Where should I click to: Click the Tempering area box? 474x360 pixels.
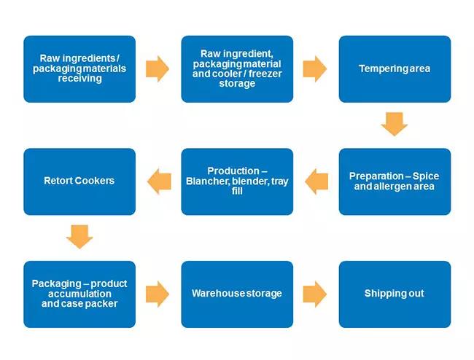395,69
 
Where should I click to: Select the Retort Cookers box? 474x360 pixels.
79,181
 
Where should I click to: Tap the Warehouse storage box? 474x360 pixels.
237,294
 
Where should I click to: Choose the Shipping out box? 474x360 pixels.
395,294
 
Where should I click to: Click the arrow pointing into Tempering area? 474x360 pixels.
315,69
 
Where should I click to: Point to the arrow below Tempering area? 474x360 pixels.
395,124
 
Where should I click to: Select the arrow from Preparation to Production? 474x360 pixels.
316,181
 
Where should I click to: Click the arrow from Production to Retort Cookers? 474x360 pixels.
158,181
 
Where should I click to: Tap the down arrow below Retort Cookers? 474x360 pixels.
79,237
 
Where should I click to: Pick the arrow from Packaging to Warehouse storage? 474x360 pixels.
158,294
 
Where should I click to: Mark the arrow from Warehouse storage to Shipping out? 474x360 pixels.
315,294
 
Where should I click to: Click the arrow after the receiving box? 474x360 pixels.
158,69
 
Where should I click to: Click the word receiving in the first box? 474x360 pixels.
79,79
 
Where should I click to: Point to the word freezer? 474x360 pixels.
263,74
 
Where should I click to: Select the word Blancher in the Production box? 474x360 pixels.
210,181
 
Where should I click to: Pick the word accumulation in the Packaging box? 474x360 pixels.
79,294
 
